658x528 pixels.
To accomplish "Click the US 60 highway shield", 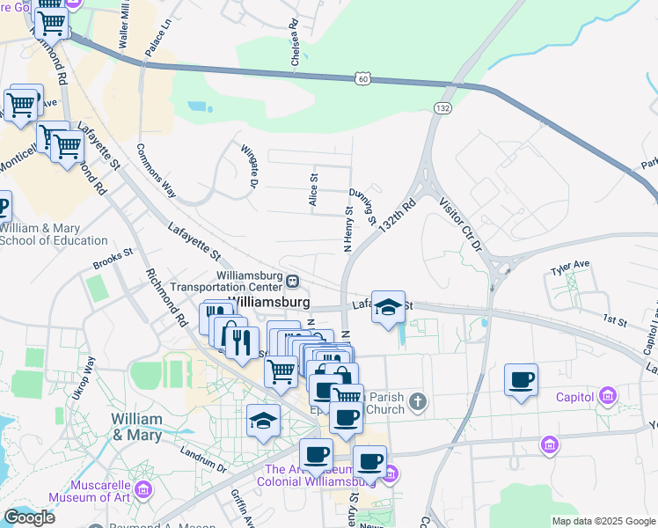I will tap(362, 79).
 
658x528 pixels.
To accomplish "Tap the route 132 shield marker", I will tap(442, 106).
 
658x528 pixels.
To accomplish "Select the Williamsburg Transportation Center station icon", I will tap(292, 281).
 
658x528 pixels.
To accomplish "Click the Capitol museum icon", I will tap(607, 397).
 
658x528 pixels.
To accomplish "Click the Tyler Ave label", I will tap(570, 265).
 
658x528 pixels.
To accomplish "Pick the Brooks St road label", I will tap(112, 261).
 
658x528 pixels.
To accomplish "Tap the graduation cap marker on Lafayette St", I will tap(388, 307).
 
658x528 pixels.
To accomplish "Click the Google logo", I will tap(29, 518).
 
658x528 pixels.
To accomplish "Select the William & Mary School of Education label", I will tap(55, 233).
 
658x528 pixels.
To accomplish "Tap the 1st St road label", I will tap(615, 323).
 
